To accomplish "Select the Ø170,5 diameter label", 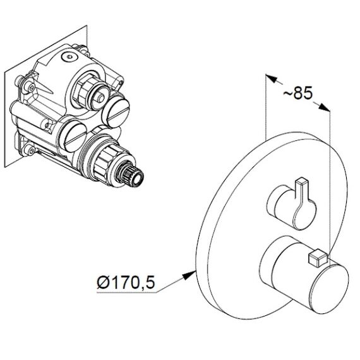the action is [x=126, y=282].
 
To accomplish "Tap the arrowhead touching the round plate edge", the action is [x=189, y=275].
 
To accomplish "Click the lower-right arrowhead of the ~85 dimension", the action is [x=324, y=107].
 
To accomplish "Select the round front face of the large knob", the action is [x=329, y=289].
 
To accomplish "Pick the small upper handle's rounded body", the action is [x=293, y=208].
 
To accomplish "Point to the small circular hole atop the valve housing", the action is [x=69, y=56].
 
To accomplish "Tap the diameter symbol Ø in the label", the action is [x=103, y=282].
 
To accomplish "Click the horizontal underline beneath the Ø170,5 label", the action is [x=126, y=292].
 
